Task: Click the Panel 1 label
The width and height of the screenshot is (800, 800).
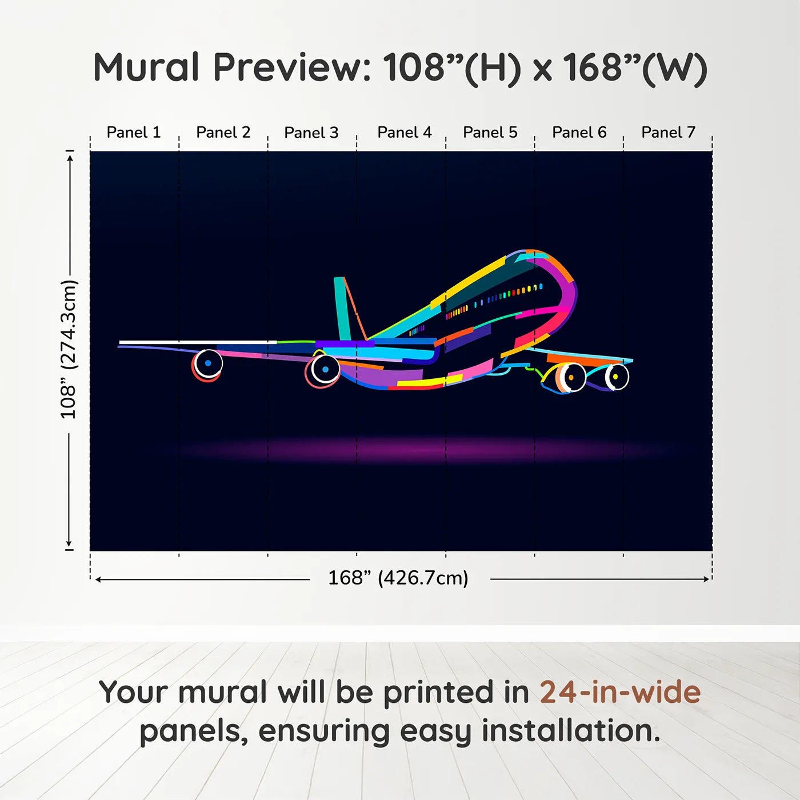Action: (x=134, y=133)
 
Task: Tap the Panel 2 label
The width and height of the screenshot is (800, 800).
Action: (x=223, y=133)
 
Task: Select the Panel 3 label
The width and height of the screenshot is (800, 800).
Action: (x=311, y=133)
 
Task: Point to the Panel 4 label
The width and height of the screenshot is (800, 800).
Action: (x=404, y=133)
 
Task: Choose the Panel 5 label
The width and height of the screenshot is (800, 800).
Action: (x=490, y=133)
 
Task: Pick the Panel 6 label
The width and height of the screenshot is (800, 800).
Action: (x=579, y=133)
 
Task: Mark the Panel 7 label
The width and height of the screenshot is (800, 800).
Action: (x=668, y=133)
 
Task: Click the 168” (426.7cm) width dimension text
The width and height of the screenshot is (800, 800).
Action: (x=398, y=578)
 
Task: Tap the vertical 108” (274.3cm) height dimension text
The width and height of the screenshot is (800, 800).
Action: (x=69, y=349)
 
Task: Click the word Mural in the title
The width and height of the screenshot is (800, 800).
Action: (x=146, y=67)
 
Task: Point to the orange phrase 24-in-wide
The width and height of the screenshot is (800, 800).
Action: (x=620, y=692)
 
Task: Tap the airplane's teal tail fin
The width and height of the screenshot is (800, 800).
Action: (x=342, y=309)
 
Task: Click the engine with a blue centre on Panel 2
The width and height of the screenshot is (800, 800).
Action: (x=207, y=363)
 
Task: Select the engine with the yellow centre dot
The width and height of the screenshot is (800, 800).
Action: (x=616, y=377)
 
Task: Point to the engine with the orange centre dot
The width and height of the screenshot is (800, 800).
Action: (x=570, y=378)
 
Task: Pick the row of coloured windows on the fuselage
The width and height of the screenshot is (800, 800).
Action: (x=497, y=298)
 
